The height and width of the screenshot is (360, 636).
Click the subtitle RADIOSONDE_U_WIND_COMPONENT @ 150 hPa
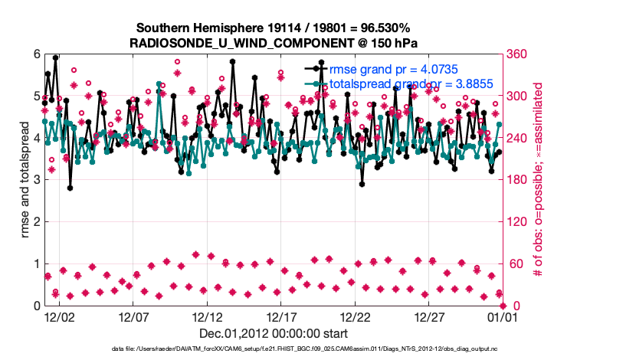(x=274, y=42)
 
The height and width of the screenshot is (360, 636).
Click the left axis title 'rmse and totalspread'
(x=25, y=180)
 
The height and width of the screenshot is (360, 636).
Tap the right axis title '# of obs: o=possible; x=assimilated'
(x=538, y=180)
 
